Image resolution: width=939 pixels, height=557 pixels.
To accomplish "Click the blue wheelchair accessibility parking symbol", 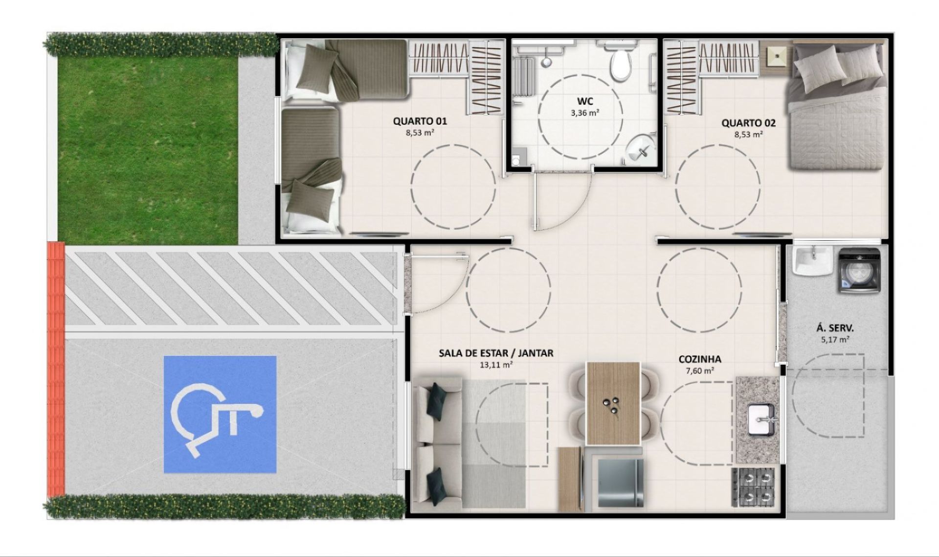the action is click(220, 415).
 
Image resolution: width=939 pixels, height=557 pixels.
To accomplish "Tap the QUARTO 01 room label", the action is click(420, 121).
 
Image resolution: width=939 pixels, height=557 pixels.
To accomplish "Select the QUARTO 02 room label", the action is click(748, 123).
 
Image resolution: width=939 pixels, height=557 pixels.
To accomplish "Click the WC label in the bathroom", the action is click(585, 101).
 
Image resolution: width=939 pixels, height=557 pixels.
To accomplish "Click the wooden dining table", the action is click(613, 403).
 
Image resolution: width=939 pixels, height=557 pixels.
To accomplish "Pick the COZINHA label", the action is click(699, 359).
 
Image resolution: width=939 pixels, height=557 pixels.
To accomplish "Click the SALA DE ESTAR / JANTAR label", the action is click(496, 353).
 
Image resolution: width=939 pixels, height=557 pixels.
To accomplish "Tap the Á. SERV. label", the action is click(834, 328).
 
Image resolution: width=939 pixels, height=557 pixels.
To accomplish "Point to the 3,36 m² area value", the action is click(585, 113).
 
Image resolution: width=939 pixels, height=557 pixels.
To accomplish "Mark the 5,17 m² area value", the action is click(834, 340).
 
